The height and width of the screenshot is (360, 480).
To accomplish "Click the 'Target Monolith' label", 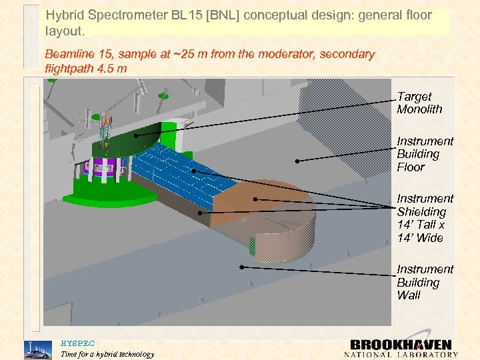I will [419, 103].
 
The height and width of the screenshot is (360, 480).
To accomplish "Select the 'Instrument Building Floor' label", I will [424, 154].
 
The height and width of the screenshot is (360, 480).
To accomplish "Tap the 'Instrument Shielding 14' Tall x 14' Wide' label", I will [424, 218].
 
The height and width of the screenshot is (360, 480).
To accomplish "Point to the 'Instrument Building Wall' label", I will [424, 282].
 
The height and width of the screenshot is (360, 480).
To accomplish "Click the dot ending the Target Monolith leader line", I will [136, 135].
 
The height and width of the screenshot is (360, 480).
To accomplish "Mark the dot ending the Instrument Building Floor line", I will [297, 161].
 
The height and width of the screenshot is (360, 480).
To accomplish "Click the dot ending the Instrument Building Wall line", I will [243, 267].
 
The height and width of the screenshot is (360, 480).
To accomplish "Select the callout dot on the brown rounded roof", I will [255, 199].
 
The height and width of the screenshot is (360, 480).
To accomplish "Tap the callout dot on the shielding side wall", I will [200, 213].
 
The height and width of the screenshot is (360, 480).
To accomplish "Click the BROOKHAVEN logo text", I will [401, 345].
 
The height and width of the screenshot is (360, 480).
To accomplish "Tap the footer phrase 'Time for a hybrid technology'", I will [107, 354].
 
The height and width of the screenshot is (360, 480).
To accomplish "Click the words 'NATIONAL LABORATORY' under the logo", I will [401, 355].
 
